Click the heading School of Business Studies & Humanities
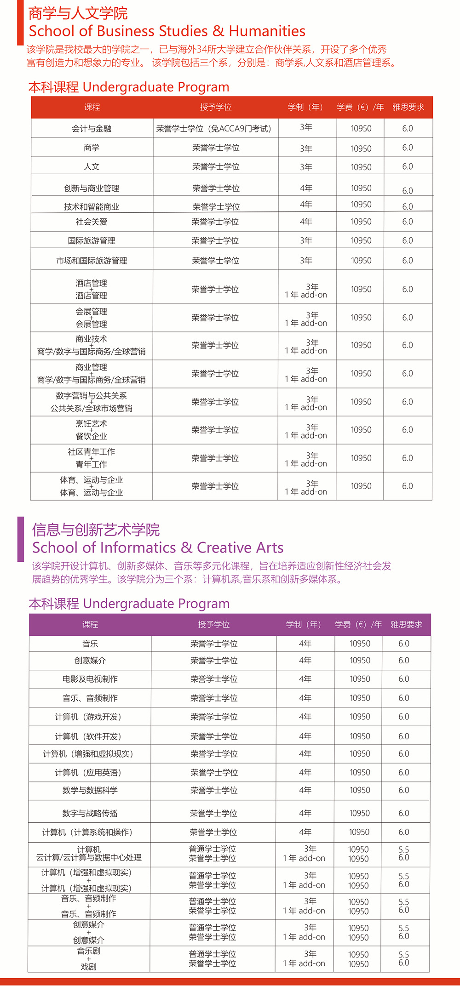pos(167,31)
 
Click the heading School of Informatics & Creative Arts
pos(157,547)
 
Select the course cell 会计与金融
pos(92,129)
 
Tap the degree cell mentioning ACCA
pos(216,129)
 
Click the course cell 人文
pos(92,166)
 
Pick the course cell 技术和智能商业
pos(92,207)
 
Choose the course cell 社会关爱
pos(92,222)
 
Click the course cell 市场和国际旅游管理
pos(92,261)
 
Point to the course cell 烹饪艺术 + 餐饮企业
pos(92,430)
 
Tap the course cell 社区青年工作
pos(92,458)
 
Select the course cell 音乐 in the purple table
pos(90,644)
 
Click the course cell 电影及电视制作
pos(90,679)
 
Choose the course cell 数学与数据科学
pos(90,790)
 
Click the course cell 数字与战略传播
pos(90,813)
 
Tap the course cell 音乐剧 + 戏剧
pos(89,959)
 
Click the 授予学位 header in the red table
pos(216,107)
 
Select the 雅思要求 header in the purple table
pos(406,624)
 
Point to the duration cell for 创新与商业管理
pos(306,188)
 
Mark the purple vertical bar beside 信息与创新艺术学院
pos(20,539)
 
